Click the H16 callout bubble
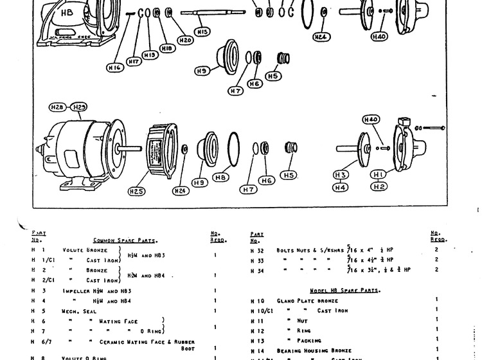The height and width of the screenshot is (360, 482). click(114, 66)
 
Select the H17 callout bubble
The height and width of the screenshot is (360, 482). click(134, 62)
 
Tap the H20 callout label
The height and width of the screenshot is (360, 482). click(185, 40)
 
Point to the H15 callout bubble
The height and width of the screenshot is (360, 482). click(202, 32)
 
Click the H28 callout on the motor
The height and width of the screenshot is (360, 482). click(58, 107)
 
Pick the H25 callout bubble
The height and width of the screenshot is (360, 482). click(136, 191)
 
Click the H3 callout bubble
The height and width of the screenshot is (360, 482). click(341, 175)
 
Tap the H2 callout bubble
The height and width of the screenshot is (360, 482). click(379, 186)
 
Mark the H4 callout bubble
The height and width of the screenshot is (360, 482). click(341, 187)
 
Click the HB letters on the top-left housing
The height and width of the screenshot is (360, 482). click(66, 12)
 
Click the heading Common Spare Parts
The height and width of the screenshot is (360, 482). click(125, 240)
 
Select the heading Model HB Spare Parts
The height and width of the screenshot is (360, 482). click(344, 291)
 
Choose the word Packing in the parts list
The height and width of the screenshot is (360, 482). click(309, 340)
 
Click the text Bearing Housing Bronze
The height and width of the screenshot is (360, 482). click(312, 350)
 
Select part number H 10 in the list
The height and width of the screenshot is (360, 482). click(256, 300)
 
